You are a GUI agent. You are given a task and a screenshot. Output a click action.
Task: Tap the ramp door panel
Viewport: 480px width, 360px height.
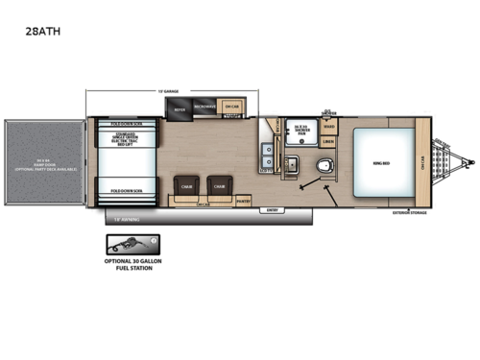(44, 164)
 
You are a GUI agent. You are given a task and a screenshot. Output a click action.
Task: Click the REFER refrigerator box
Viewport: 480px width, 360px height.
(180, 109)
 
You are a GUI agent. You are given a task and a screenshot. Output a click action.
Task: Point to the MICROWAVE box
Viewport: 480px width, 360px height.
(204, 108)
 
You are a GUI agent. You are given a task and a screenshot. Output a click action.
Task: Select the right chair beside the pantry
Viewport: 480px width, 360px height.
(220, 187)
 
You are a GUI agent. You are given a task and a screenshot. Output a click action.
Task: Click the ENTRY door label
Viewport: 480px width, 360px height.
(272, 209)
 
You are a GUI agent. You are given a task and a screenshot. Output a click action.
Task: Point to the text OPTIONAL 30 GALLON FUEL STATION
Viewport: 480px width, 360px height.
(129, 264)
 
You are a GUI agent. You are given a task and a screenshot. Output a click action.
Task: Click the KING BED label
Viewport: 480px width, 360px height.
(377, 163)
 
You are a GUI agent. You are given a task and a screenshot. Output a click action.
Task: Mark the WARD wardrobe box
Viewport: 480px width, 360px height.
(328, 124)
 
